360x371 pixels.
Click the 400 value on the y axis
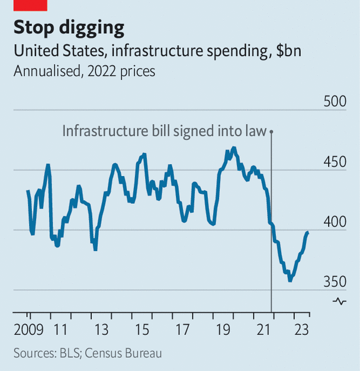335,221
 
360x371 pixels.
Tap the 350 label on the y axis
335,281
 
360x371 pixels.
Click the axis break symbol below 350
340,301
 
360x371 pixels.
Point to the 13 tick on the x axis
102,330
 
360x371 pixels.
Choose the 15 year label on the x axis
143,330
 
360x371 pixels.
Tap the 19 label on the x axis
221,330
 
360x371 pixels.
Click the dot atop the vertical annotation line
271,132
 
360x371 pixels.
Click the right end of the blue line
308,233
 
